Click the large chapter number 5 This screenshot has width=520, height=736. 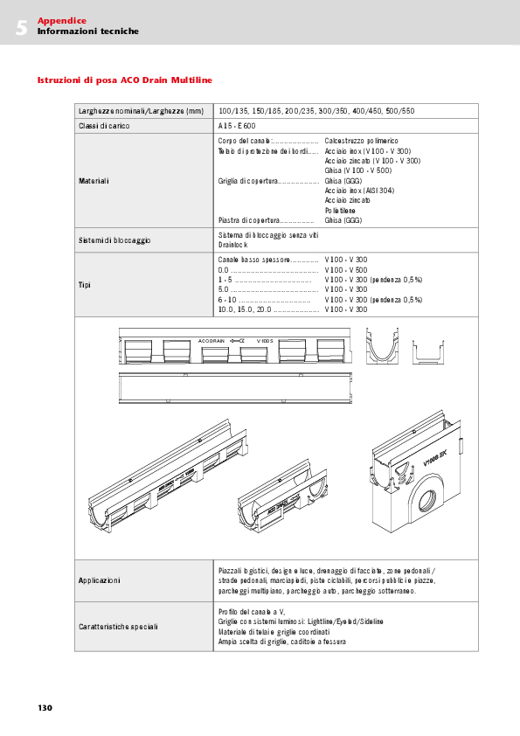click(x=21, y=27)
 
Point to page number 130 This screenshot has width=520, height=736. click(x=45, y=707)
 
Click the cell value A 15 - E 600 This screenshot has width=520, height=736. click(x=237, y=126)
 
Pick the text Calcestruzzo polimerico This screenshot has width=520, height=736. click(x=361, y=141)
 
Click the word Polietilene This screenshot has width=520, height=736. click(x=341, y=211)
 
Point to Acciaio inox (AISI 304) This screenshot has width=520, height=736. click(x=358, y=191)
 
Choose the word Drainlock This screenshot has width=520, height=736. click(x=232, y=246)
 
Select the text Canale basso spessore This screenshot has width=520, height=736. click(x=253, y=260)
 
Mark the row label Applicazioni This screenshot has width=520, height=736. click(x=100, y=580)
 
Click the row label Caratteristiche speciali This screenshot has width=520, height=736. click(x=114, y=627)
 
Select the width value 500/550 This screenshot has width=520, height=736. click(x=400, y=111)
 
